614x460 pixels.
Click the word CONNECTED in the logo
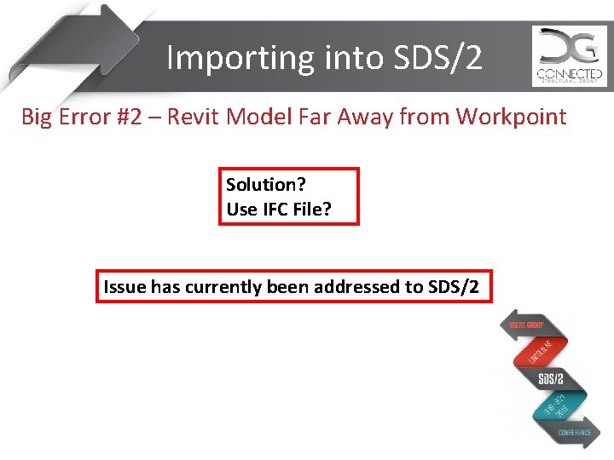(x=570, y=73)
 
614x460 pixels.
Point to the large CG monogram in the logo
(x=569, y=47)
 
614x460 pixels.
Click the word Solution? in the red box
(x=265, y=185)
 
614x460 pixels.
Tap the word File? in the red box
(x=311, y=209)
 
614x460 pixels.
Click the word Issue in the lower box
(x=125, y=287)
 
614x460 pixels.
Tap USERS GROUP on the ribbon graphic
(x=525, y=325)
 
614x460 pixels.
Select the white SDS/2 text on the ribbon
(x=551, y=378)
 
